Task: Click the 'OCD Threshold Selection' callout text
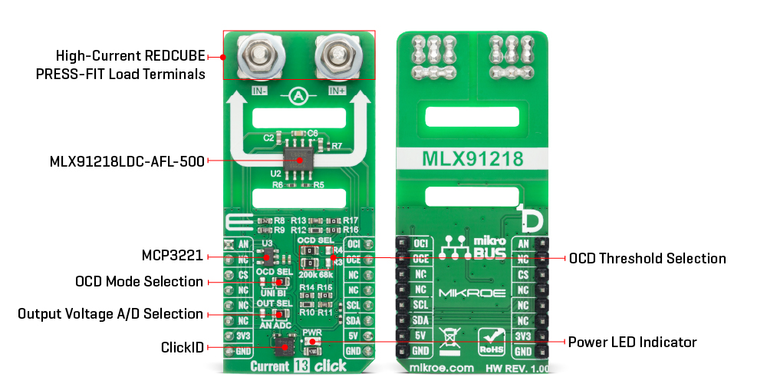(647, 258)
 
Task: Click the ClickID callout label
(183, 348)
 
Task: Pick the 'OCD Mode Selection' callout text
(139, 282)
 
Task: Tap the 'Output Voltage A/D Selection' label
(110, 314)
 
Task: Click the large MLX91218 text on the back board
(472, 159)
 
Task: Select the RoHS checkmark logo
(492, 338)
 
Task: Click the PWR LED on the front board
(314, 342)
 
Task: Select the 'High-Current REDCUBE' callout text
(130, 56)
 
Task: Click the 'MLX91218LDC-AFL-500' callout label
(127, 161)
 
